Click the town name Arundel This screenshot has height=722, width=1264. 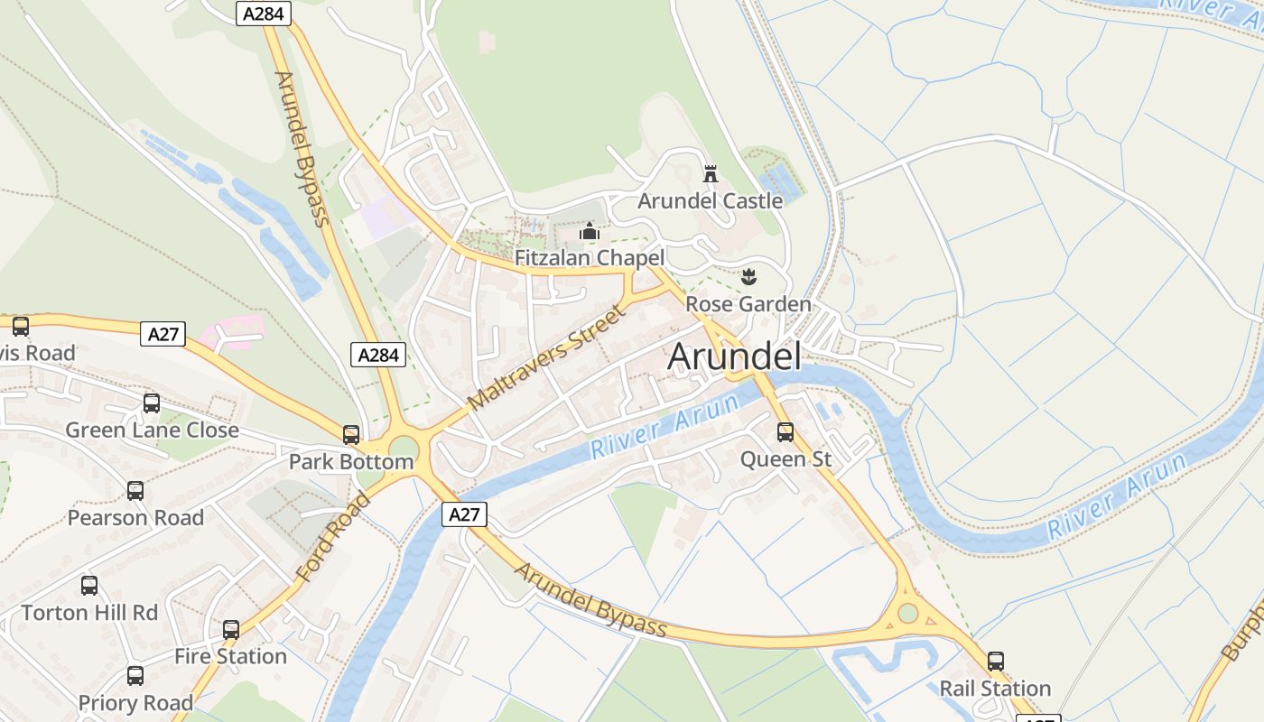coord(734,357)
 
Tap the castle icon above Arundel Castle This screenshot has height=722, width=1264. coord(711,173)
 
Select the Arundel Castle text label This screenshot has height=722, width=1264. coord(710,200)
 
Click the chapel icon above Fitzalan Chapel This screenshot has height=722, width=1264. coord(590,232)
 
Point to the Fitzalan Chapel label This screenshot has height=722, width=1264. coord(590,258)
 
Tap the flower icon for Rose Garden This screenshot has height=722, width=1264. coord(748,277)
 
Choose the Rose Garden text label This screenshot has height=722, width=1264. coord(748,304)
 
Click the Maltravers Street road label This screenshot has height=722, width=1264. coord(547,357)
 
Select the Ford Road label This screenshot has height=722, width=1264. coord(332,537)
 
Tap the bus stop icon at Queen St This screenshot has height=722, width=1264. coord(785,432)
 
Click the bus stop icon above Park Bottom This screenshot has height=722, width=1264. coord(351,435)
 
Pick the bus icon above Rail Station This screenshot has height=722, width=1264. coord(996,662)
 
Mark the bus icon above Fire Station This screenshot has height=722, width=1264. coord(231,629)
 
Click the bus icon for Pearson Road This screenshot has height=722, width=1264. coord(135,491)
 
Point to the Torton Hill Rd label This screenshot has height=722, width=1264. coord(89,613)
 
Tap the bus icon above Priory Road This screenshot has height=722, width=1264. coord(135,675)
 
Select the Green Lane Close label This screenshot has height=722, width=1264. coord(152,430)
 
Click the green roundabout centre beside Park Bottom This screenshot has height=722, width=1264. coord(404,448)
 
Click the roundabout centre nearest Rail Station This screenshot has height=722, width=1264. coord(908,613)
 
